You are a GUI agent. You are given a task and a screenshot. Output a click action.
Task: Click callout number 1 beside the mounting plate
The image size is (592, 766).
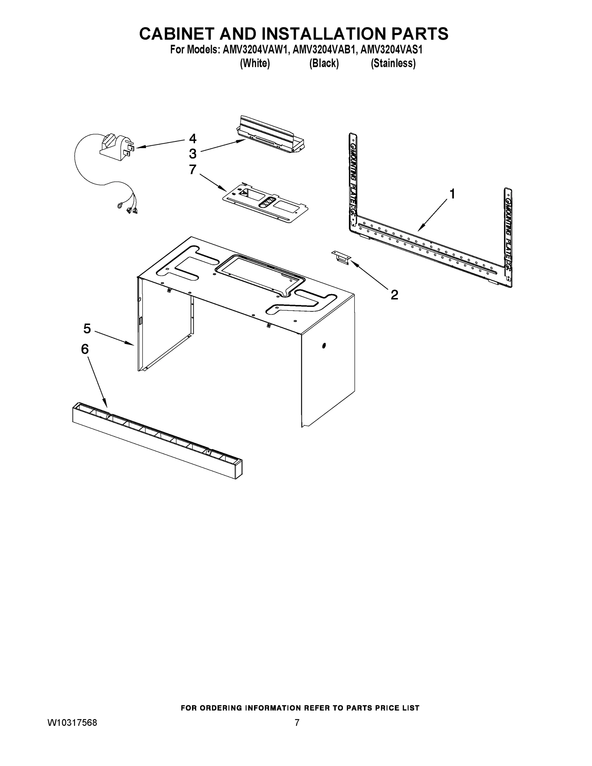click(x=453, y=194)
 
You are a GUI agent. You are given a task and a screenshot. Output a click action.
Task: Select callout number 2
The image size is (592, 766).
click(x=394, y=295)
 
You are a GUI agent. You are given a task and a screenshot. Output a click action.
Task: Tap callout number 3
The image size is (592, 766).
click(x=192, y=154)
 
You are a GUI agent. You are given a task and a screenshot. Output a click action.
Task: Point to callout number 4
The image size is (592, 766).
click(x=192, y=139)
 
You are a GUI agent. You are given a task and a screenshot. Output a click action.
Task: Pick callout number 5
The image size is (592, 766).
click(x=87, y=329)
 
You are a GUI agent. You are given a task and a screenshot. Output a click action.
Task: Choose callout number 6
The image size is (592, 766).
click(x=85, y=349)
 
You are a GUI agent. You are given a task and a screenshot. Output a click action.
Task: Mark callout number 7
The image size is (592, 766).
click(x=192, y=169)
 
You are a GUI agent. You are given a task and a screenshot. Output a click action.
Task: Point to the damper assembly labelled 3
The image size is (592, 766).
click(x=270, y=135)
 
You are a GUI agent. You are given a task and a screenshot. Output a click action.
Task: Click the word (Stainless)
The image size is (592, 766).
click(x=393, y=64)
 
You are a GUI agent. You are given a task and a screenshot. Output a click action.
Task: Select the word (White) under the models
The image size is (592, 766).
click(x=255, y=64)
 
